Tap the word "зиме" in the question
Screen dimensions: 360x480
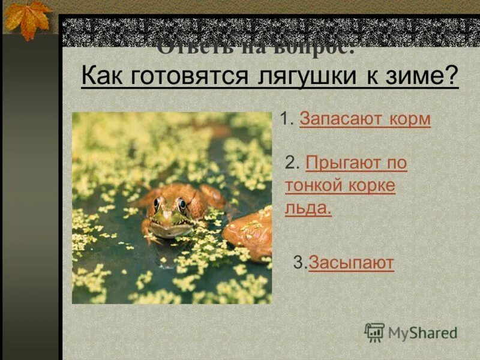(414, 77)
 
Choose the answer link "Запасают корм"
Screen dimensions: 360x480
(365, 119)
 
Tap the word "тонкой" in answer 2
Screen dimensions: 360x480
(314, 185)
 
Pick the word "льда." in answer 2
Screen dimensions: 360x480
(308, 208)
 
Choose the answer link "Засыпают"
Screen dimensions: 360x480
(351, 262)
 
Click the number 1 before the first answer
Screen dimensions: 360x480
(285, 119)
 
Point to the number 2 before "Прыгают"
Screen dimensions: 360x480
(292, 163)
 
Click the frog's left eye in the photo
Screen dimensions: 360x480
(157, 203)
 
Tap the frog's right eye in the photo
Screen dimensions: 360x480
(182, 204)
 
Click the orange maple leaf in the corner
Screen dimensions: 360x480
(27, 18)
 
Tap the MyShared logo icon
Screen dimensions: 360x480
(374, 332)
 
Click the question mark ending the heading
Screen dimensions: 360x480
(451, 77)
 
